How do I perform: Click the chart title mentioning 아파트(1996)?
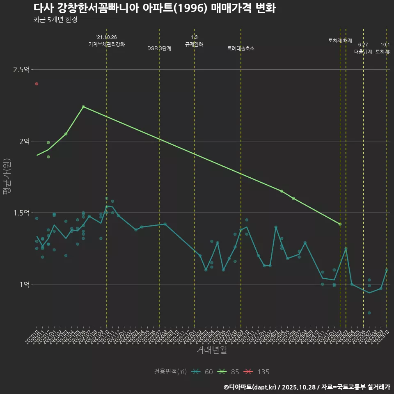coord(154,9)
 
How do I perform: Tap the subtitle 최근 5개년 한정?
coord(55,20)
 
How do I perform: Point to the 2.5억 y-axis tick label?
coord(21,70)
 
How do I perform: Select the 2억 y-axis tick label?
coord(24,141)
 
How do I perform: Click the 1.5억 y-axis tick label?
coord(21,213)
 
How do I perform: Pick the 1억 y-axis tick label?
coord(24,284)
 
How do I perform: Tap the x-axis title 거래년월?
coord(211,350)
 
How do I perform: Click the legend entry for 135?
coord(257,372)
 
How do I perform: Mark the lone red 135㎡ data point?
coord(37,84)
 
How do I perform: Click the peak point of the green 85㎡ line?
coord(83,107)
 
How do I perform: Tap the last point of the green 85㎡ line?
coord(340,224)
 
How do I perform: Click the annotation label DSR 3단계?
coord(159,48)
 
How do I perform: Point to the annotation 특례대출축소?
coord(241,48)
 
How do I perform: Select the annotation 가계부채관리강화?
coord(107,44)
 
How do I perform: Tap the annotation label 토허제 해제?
coord(340,41)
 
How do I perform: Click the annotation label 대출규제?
coord(363,52)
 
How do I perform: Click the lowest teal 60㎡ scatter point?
coord(369,313)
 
